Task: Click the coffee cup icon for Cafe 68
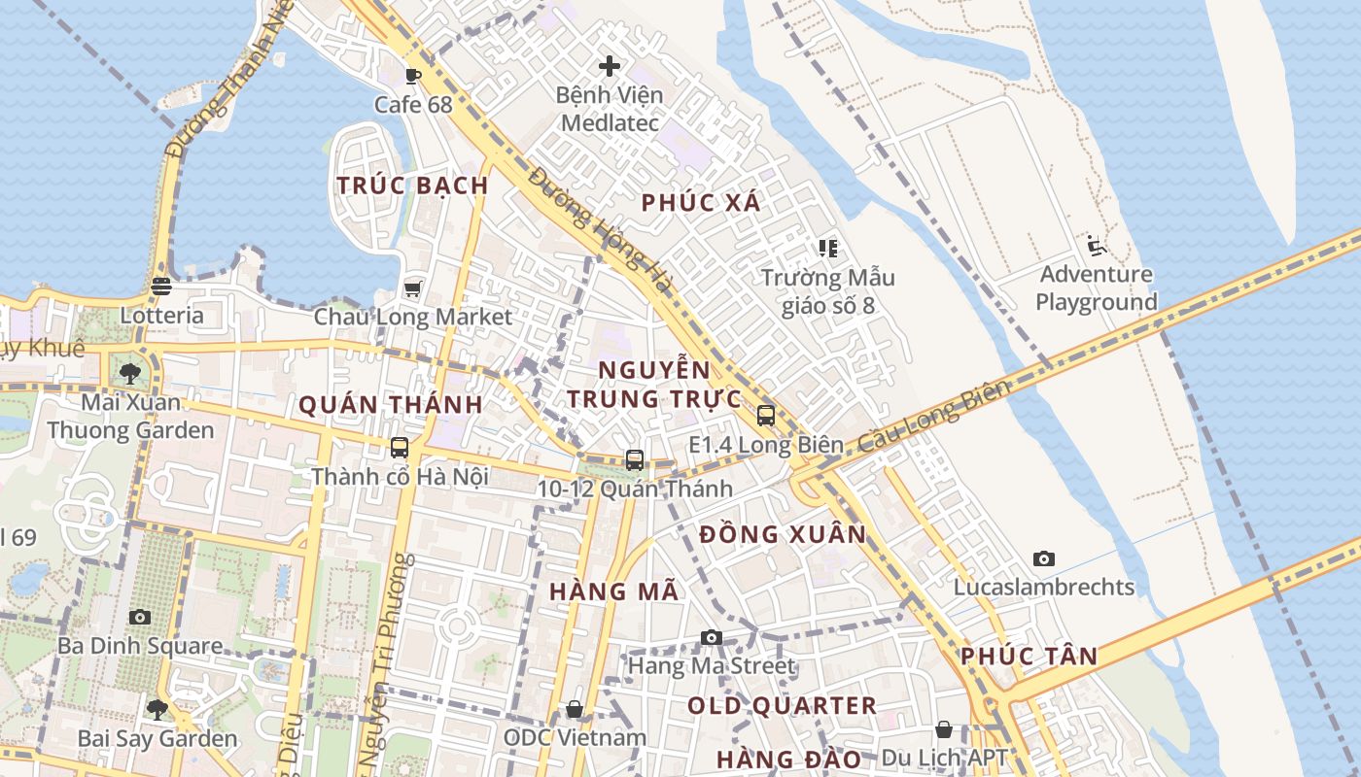point(413,76)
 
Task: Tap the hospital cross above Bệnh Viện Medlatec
point(610,66)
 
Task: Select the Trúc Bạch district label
point(412,186)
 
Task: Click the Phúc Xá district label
point(701,203)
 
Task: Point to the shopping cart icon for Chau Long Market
point(413,288)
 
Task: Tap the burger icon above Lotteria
point(161,287)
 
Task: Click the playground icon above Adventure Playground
point(1097,246)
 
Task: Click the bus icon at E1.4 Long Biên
point(766,416)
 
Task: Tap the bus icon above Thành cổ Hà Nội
point(400,448)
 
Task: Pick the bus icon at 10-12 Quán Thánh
point(635,459)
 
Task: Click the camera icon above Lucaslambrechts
point(1044,558)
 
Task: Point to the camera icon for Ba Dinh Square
point(140,617)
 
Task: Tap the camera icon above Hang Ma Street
point(712,637)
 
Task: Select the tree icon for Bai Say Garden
point(157,709)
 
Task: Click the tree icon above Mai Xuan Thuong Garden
point(130,373)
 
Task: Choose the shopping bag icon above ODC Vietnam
point(575,709)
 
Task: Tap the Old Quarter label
point(782,706)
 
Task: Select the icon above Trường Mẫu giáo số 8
point(827,249)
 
